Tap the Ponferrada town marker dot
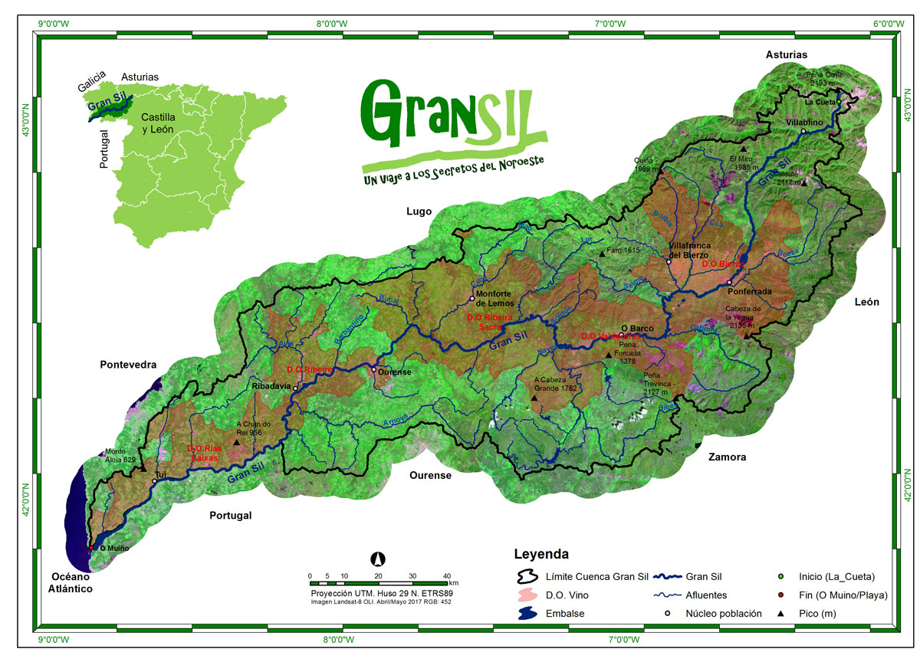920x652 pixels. (729, 282)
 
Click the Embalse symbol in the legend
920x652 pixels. (527, 614)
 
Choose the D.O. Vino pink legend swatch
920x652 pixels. (527, 595)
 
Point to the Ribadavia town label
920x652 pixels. (271, 387)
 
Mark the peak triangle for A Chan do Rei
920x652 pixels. (236, 441)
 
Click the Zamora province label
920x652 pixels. (727, 457)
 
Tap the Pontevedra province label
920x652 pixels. (128, 365)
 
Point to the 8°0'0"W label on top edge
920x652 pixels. (333, 24)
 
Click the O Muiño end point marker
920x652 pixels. (91, 548)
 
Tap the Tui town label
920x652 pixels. (161, 475)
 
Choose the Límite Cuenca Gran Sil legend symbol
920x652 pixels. (527, 576)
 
